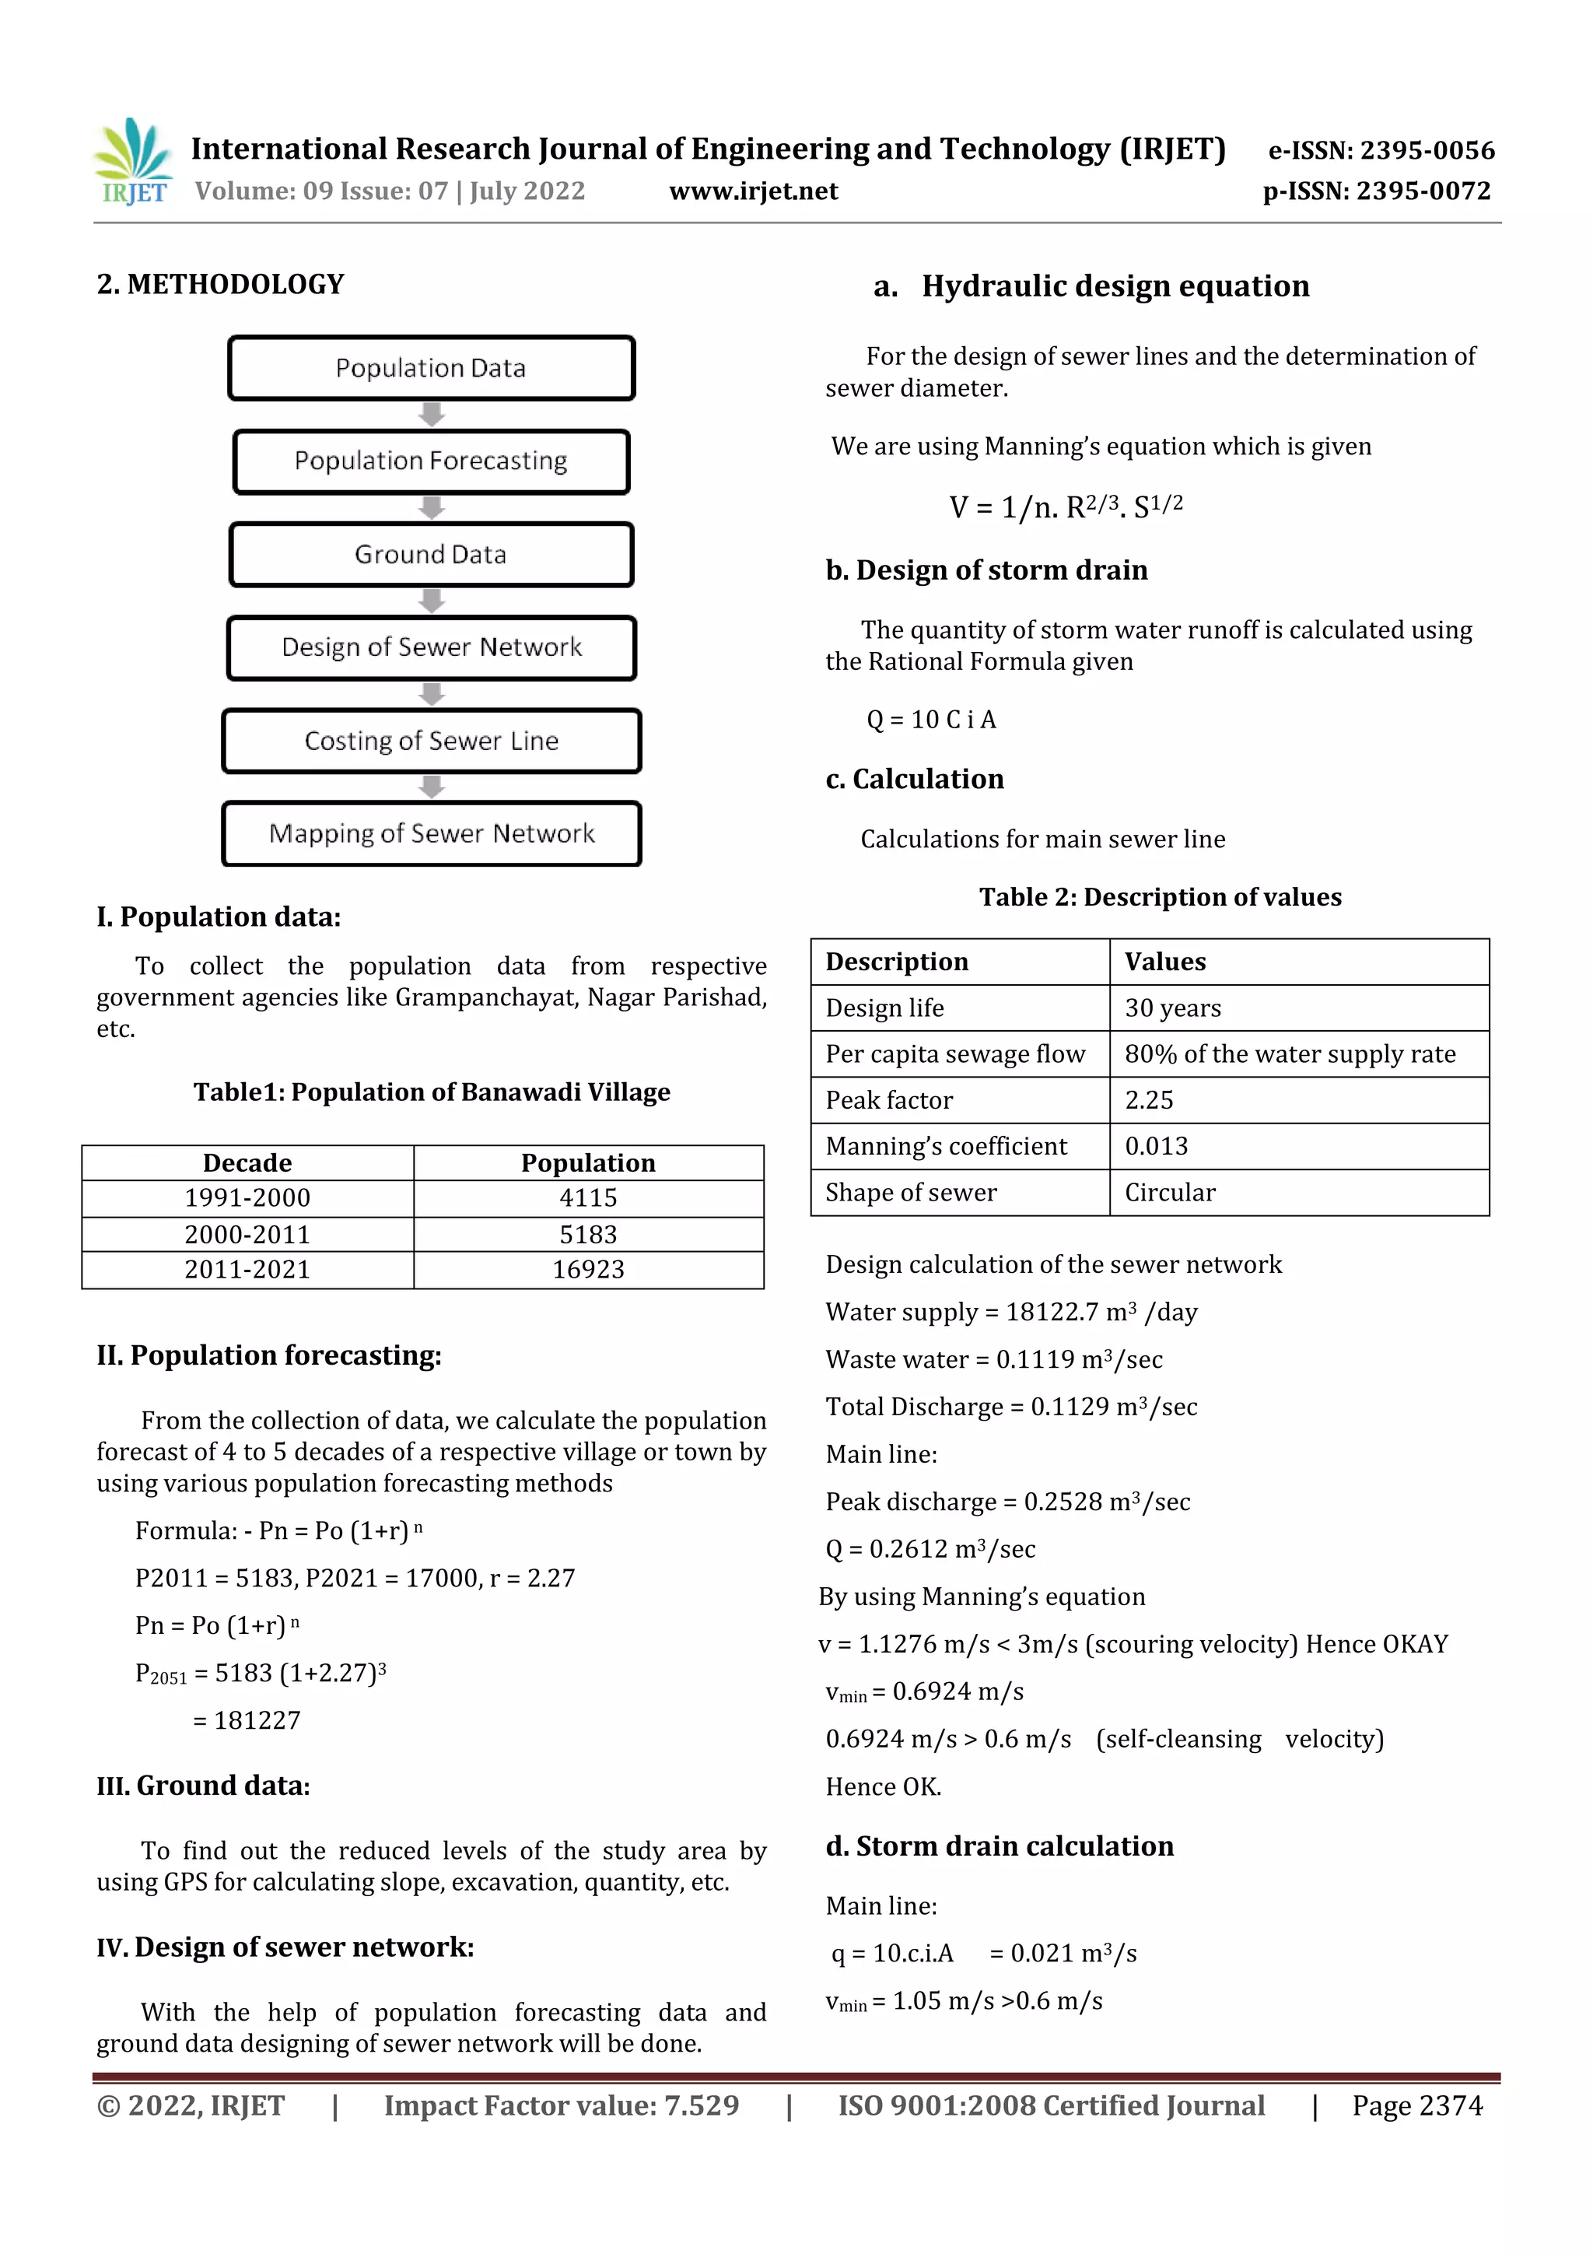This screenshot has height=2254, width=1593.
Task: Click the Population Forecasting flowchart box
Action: coord(431,461)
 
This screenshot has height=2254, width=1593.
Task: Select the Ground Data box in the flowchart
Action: coord(431,555)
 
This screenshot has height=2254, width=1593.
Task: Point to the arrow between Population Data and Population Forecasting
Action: coord(431,414)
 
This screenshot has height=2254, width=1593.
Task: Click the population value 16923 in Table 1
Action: coord(588,1269)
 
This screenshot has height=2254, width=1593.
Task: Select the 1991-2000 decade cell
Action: coord(247,1197)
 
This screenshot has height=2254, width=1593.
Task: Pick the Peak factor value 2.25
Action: coord(1150,1100)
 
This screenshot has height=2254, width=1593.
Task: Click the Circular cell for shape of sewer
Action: coord(1170,1193)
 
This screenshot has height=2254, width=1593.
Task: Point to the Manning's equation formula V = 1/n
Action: coord(1066,507)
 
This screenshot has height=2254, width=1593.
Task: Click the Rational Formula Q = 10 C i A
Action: coord(930,720)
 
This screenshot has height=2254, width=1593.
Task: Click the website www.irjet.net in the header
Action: coord(753,191)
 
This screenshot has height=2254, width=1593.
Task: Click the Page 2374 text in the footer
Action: coord(1416,2105)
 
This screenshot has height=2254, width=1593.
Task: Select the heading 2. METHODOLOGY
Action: coord(221,285)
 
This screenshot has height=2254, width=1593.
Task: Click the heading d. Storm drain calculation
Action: coord(1000,1846)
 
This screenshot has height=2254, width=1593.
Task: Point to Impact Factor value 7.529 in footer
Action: coord(562,2105)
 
